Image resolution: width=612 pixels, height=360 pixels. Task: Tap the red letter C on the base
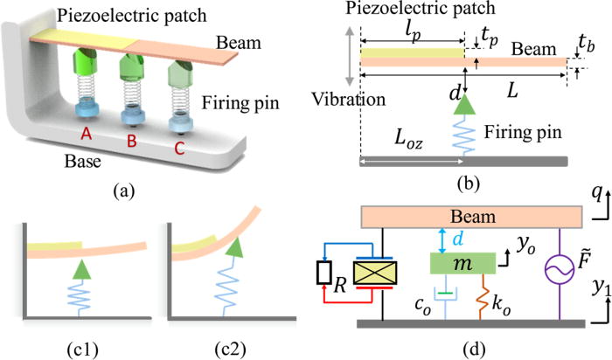point(180,149)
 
